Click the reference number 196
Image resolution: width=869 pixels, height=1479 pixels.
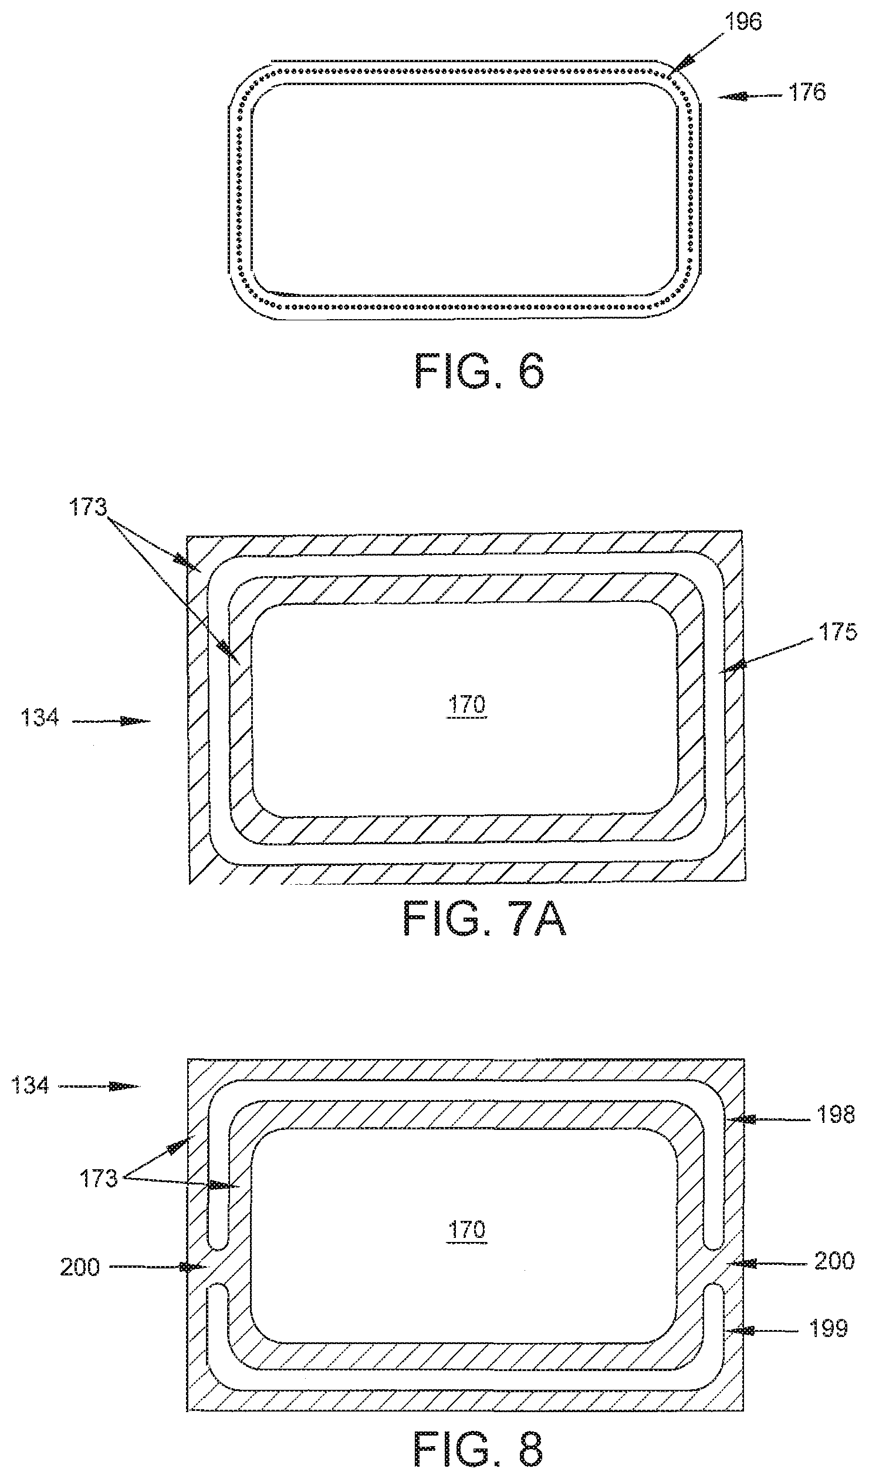point(743,22)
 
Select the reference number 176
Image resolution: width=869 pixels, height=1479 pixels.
point(807,92)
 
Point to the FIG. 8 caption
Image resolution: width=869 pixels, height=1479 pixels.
point(479,1453)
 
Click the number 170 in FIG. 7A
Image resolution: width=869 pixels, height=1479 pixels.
point(467,703)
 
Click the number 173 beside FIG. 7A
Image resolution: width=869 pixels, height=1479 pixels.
point(89,507)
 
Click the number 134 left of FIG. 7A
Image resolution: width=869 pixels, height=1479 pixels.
point(39,717)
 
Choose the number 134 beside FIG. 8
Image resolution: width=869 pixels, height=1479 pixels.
point(30,1085)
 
